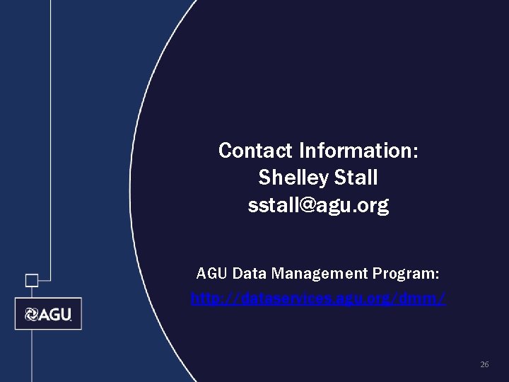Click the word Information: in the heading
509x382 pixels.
(358, 151)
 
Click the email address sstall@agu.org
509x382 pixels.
(318, 206)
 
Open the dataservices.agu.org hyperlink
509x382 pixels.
(318, 300)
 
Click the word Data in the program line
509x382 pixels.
(245, 273)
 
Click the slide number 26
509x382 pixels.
(484, 364)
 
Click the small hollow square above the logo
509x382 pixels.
(32, 280)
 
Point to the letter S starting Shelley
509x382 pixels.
(265, 178)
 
